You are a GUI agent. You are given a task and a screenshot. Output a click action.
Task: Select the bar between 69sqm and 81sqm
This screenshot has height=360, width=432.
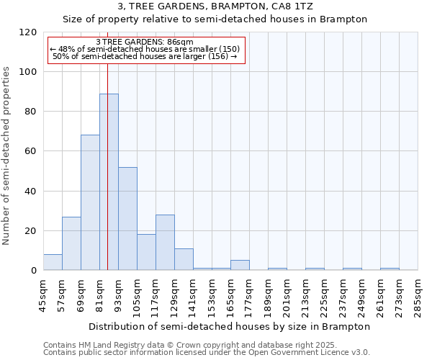[x=90, y=202]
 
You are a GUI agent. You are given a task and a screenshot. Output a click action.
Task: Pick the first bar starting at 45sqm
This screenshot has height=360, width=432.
[x=53, y=262]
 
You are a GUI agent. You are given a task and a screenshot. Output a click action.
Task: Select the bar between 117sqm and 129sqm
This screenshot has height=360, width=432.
[x=165, y=242]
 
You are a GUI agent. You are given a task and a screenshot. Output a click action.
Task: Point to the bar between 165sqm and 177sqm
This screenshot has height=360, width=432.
[x=240, y=265]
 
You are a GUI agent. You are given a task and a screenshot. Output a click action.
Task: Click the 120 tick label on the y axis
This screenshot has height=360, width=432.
[x=28, y=32]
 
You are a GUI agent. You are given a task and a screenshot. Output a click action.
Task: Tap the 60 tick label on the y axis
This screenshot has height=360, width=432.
[x=31, y=151]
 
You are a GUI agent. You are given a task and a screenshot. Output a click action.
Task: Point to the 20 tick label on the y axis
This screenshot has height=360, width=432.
[x=31, y=231]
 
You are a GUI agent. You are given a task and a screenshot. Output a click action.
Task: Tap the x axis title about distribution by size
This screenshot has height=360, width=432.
[x=230, y=326]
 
